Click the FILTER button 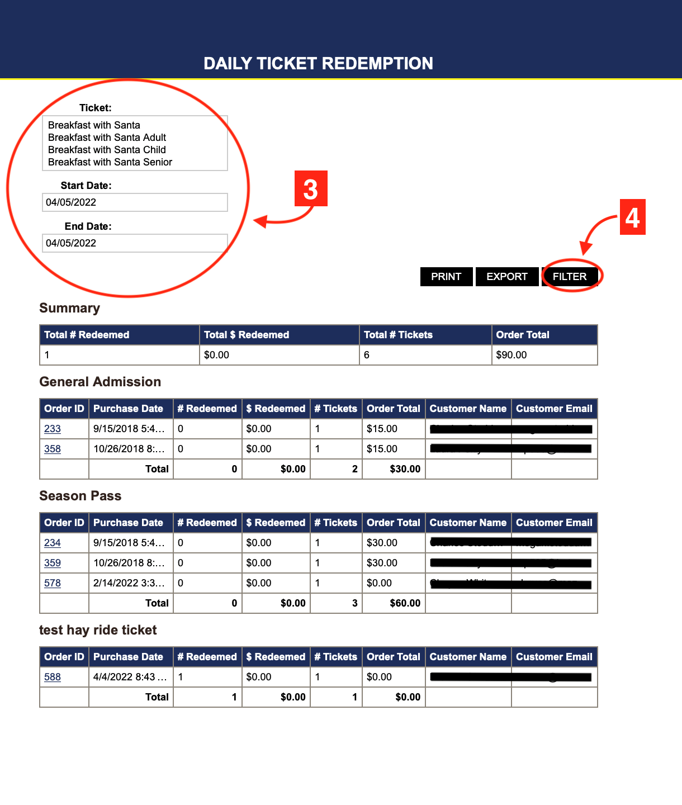pos(570,277)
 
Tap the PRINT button pos(446,277)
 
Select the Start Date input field pos(135,202)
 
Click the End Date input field pos(135,243)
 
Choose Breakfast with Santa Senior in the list pos(110,162)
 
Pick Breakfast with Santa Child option pos(107,150)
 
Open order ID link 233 pos(53,429)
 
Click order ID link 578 pos(53,583)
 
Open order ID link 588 pos(53,677)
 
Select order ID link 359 pos(53,563)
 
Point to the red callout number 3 pos(311,188)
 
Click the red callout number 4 pos(632,217)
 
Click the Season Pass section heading pos(80,496)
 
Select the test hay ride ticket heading pos(98,630)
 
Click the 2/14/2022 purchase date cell pos(129,583)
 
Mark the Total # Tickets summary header pos(398,335)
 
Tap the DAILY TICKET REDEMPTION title pos(318,63)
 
